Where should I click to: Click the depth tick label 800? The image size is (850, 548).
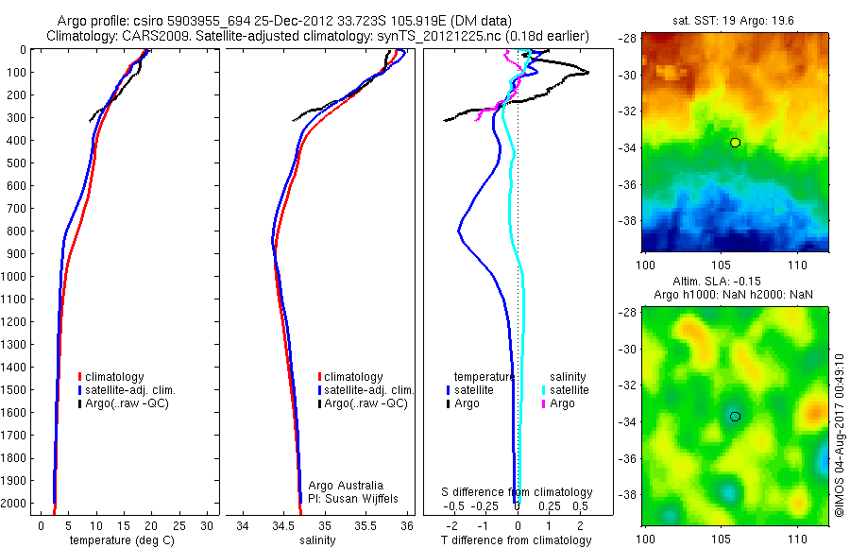point(15,231)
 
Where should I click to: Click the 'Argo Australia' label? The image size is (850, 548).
point(340,486)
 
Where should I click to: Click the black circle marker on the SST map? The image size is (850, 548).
point(735,143)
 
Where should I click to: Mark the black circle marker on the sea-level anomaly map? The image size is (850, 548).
point(735,416)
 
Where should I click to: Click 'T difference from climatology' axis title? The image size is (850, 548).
point(516,540)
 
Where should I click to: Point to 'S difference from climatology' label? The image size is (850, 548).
point(518,492)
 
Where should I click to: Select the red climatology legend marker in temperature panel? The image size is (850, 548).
point(79,377)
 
